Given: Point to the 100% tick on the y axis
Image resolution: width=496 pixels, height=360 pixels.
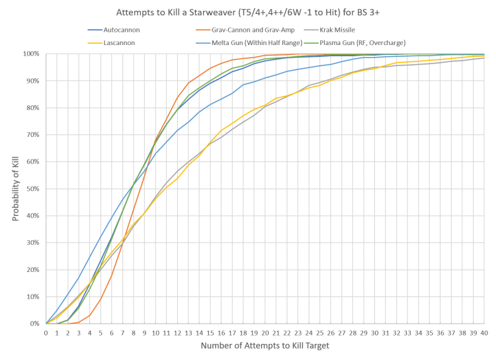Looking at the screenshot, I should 33,53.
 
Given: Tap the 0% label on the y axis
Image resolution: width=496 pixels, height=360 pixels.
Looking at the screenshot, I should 37,324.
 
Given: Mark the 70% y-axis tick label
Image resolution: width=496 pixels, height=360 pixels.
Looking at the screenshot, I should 34,134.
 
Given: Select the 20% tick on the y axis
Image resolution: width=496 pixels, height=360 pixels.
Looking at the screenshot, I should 34,269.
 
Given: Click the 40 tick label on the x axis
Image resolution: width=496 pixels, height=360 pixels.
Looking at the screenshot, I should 485,334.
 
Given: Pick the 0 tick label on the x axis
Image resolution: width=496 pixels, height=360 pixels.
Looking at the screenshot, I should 46,334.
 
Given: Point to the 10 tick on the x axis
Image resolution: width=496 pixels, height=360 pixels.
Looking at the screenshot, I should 156,334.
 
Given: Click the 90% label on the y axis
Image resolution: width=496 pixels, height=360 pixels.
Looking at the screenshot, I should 34,80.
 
